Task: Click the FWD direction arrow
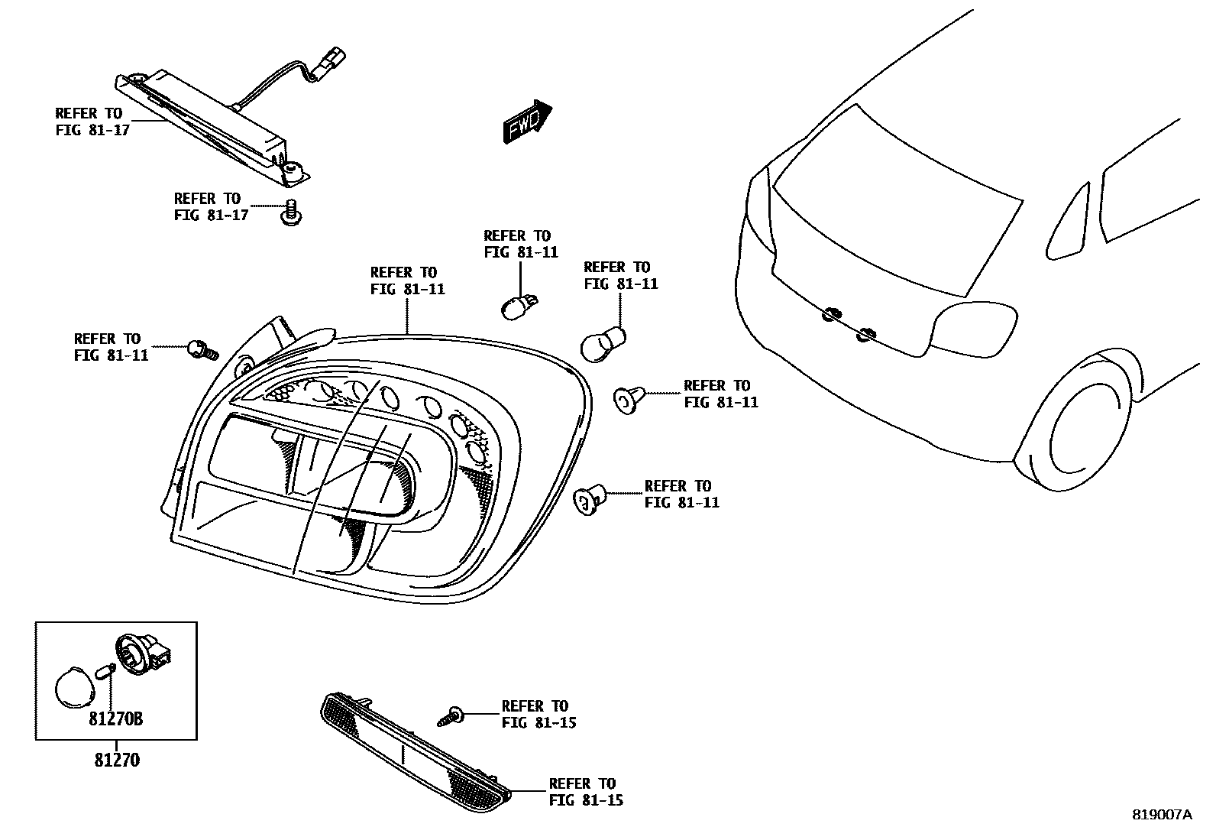coord(527,121)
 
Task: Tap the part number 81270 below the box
coord(117,761)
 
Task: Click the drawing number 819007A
coord(1161,815)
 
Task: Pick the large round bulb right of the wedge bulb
coord(603,344)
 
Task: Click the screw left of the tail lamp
coord(202,351)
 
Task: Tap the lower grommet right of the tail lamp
coord(589,498)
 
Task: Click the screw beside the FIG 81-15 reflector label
coord(452,716)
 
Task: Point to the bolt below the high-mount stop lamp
coord(289,212)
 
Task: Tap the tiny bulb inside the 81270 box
coord(108,673)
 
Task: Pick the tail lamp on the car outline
coord(974,330)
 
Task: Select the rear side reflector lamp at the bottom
coord(415,751)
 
